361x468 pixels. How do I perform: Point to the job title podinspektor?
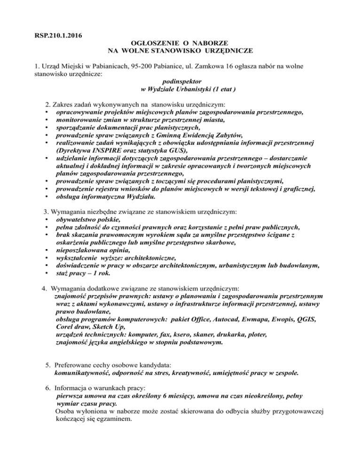pos(181,81)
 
